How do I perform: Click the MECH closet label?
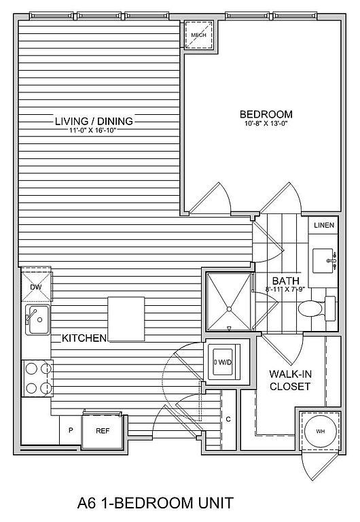pyautogui.click(x=198, y=35)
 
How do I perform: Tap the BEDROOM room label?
pyautogui.click(x=266, y=114)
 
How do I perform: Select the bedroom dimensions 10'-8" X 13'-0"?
pyautogui.click(x=265, y=124)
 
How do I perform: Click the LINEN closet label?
pyautogui.click(x=324, y=226)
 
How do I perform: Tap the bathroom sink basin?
pyautogui.click(x=325, y=261)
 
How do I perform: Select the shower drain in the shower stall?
pyautogui.click(x=229, y=309)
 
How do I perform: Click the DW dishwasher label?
pyautogui.click(x=35, y=287)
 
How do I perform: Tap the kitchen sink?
pyautogui.click(x=38, y=319)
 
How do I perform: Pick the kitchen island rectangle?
pyautogui.click(x=126, y=319)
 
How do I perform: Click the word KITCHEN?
pyautogui.click(x=84, y=338)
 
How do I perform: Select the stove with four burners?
pyautogui.click(x=37, y=378)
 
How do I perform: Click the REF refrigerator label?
pyautogui.click(x=103, y=431)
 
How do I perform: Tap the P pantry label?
pyautogui.click(x=71, y=430)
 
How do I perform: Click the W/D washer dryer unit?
pyautogui.click(x=224, y=362)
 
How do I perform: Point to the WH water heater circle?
pyautogui.click(x=321, y=432)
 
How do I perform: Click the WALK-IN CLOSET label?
pyautogui.click(x=290, y=380)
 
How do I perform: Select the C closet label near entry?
pyautogui.click(x=228, y=419)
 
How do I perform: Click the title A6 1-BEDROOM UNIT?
pyautogui.click(x=156, y=503)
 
